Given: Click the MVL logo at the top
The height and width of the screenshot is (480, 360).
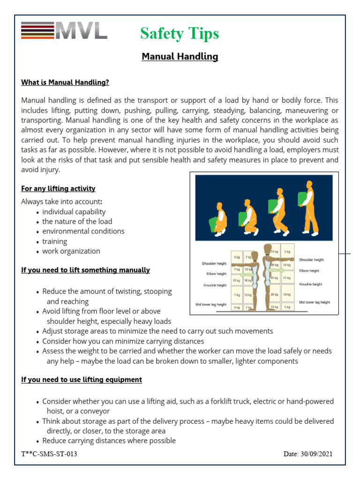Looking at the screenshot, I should click(64, 30).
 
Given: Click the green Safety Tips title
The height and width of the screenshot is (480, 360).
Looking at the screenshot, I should click(180, 33).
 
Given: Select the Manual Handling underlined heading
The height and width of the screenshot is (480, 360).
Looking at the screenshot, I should click(180, 57).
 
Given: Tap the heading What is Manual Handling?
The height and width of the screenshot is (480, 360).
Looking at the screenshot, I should click(65, 82).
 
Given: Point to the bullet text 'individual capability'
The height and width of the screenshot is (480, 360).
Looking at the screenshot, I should click(74, 211).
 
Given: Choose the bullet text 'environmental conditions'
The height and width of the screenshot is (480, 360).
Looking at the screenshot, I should click(83, 231).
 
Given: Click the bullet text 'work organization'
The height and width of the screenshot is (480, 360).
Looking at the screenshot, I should click(71, 251).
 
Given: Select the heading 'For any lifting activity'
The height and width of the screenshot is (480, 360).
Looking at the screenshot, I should click(58, 188).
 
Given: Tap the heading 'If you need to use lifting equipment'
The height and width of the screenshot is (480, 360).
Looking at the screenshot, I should click(82, 379).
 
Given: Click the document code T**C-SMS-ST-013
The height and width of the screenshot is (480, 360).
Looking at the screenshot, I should click(49, 454).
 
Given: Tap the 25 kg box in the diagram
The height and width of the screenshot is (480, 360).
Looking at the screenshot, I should click(274, 277).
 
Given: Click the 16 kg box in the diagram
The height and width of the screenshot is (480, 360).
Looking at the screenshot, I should click(248, 280).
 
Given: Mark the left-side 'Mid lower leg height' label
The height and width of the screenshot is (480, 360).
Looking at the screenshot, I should click(211, 304).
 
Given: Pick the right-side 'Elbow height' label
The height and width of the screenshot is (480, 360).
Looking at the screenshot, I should click(309, 270).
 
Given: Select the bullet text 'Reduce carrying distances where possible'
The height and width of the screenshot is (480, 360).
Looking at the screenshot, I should click(109, 441).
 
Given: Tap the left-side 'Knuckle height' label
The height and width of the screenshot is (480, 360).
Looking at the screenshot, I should click(215, 285).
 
